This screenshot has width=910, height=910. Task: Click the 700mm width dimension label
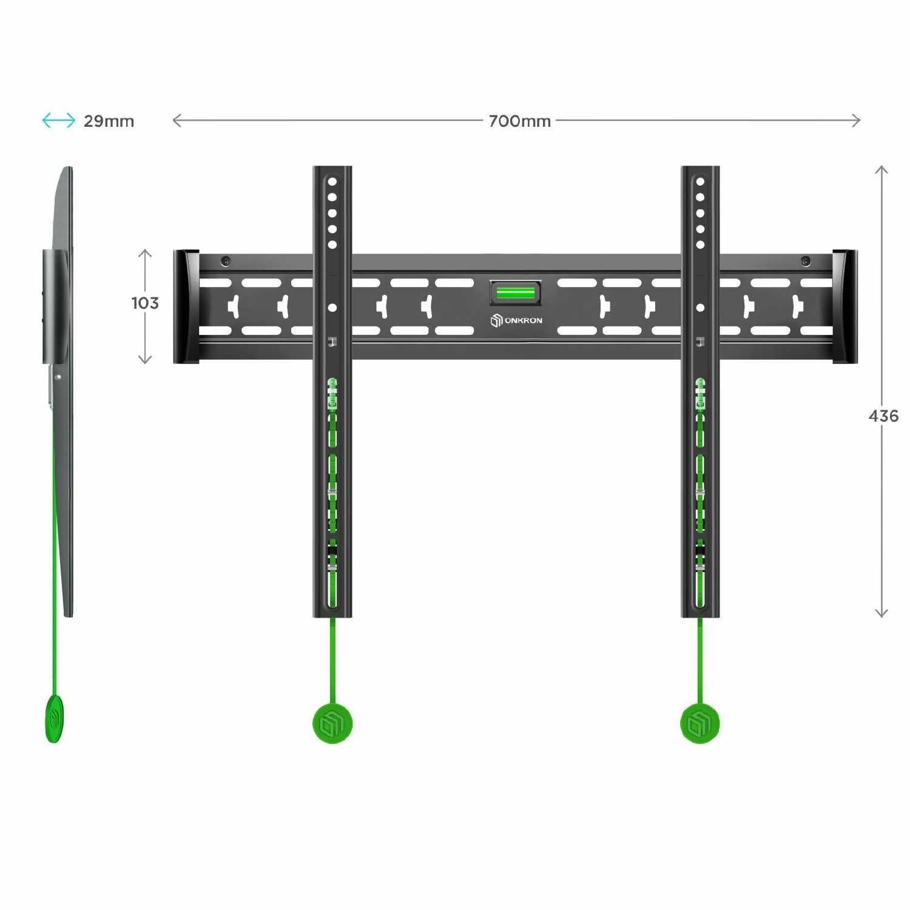(x=520, y=121)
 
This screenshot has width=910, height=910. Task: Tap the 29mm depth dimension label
(x=109, y=121)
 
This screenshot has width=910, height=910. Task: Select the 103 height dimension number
(x=145, y=303)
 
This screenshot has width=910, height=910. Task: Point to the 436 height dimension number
(x=883, y=416)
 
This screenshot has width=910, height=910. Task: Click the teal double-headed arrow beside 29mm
(x=58, y=121)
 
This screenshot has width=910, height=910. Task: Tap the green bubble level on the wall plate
(x=515, y=293)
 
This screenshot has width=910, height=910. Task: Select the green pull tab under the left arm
(x=332, y=723)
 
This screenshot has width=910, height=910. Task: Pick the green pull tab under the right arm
(x=700, y=723)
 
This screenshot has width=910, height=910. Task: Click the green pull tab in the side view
(x=54, y=719)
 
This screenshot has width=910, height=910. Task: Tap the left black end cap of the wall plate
(x=186, y=306)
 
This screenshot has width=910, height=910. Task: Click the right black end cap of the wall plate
(x=845, y=306)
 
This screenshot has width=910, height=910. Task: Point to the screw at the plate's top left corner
(x=225, y=261)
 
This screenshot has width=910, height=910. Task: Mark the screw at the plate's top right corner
(x=806, y=261)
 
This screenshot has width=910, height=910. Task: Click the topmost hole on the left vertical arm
(x=332, y=181)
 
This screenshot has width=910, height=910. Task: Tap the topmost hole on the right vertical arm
(x=700, y=181)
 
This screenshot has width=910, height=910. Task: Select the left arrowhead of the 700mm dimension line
(x=177, y=121)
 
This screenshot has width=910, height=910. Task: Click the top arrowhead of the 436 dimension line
(x=881, y=170)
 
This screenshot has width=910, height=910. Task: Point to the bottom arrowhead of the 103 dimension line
(x=145, y=360)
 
